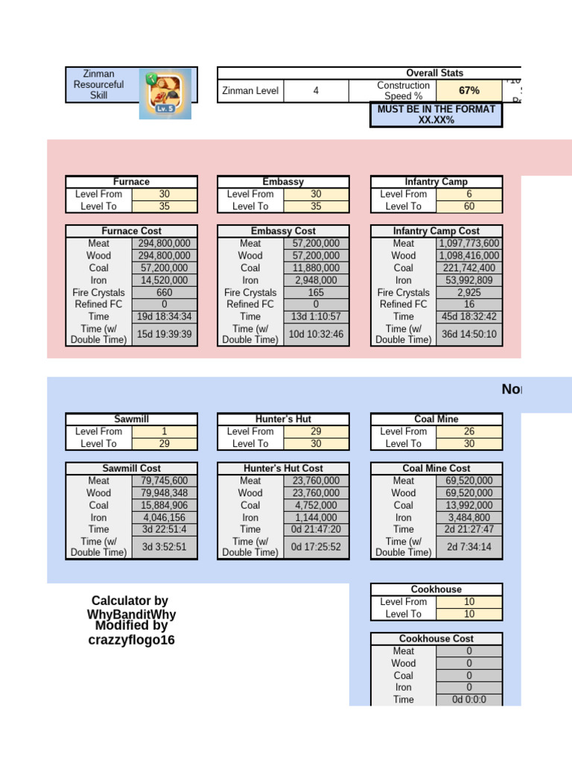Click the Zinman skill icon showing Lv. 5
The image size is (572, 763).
click(x=165, y=93)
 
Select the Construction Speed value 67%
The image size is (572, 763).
click(x=469, y=91)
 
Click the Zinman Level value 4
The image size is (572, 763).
click(x=316, y=91)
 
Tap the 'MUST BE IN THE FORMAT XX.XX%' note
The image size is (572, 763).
click(x=436, y=114)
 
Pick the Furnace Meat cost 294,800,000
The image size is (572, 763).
click(x=165, y=244)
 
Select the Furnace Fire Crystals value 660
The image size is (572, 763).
click(x=165, y=293)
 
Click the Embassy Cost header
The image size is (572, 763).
click(x=283, y=231)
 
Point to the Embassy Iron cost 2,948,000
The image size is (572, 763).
click(x=317, y=280)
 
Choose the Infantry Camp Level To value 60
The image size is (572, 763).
click(x=469, y=206)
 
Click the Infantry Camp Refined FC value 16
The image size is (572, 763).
click(x=469, y=305)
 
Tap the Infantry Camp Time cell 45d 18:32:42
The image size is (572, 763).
click(x=469, y=317)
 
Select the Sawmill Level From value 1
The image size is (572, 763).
click(x=165, y=431)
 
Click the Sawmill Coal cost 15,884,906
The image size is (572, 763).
click(x=165, y=505)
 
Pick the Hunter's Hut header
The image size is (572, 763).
click(x=283, y=419)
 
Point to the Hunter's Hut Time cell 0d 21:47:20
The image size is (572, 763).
click(x=317, y=530)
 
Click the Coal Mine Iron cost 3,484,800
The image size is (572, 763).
click(x=469, y=517)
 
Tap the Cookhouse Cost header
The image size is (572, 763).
click(x=436, y=639)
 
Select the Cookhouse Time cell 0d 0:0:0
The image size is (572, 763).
click(x=469, y=700)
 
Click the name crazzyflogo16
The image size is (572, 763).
click(x=131, y=640)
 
